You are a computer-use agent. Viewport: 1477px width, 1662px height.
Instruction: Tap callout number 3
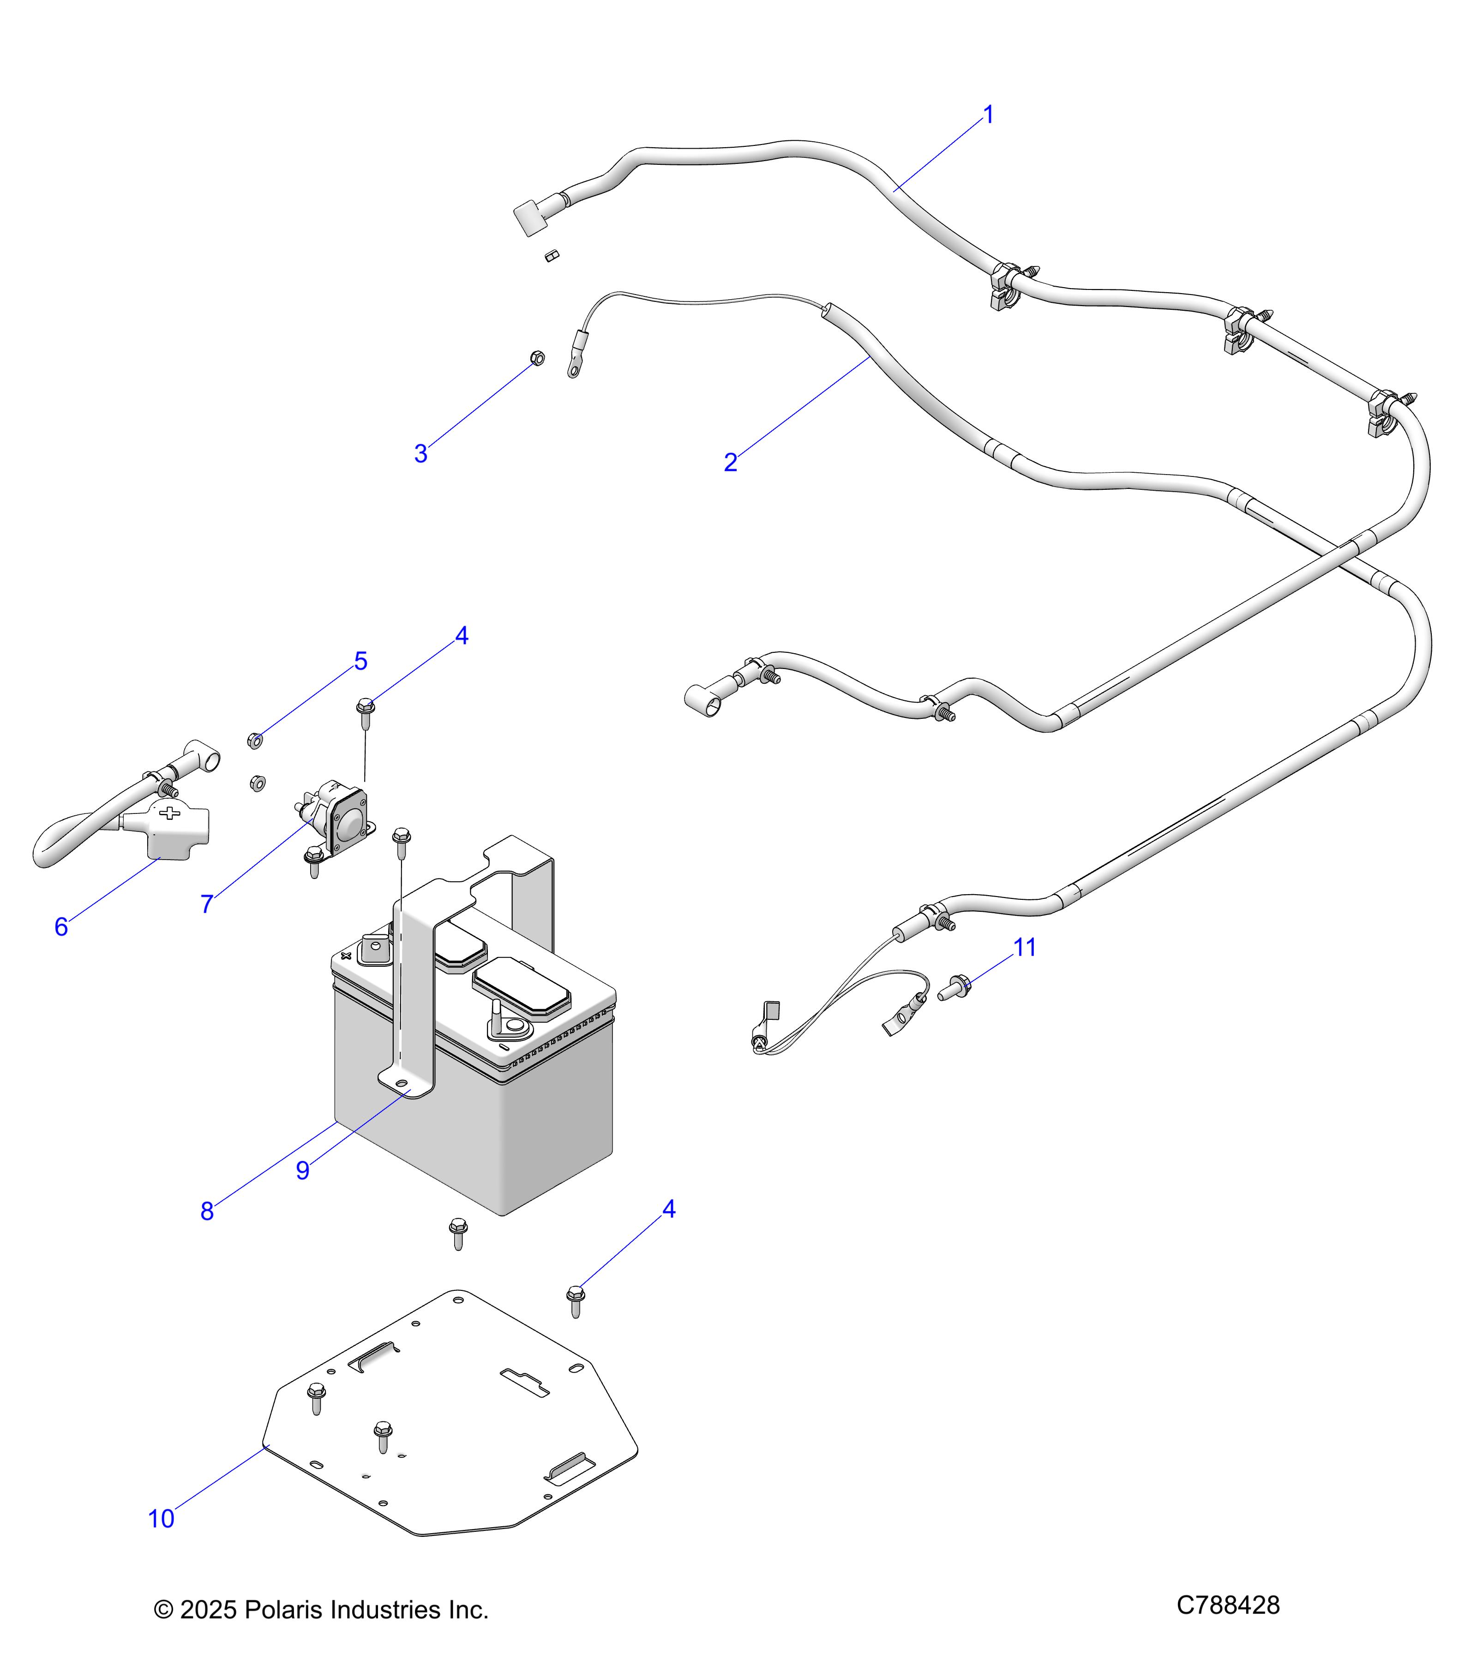[420, 454]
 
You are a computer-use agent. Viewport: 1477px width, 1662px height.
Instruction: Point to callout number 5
[361, 661]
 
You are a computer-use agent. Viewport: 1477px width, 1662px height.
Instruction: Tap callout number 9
[302, 1170]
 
